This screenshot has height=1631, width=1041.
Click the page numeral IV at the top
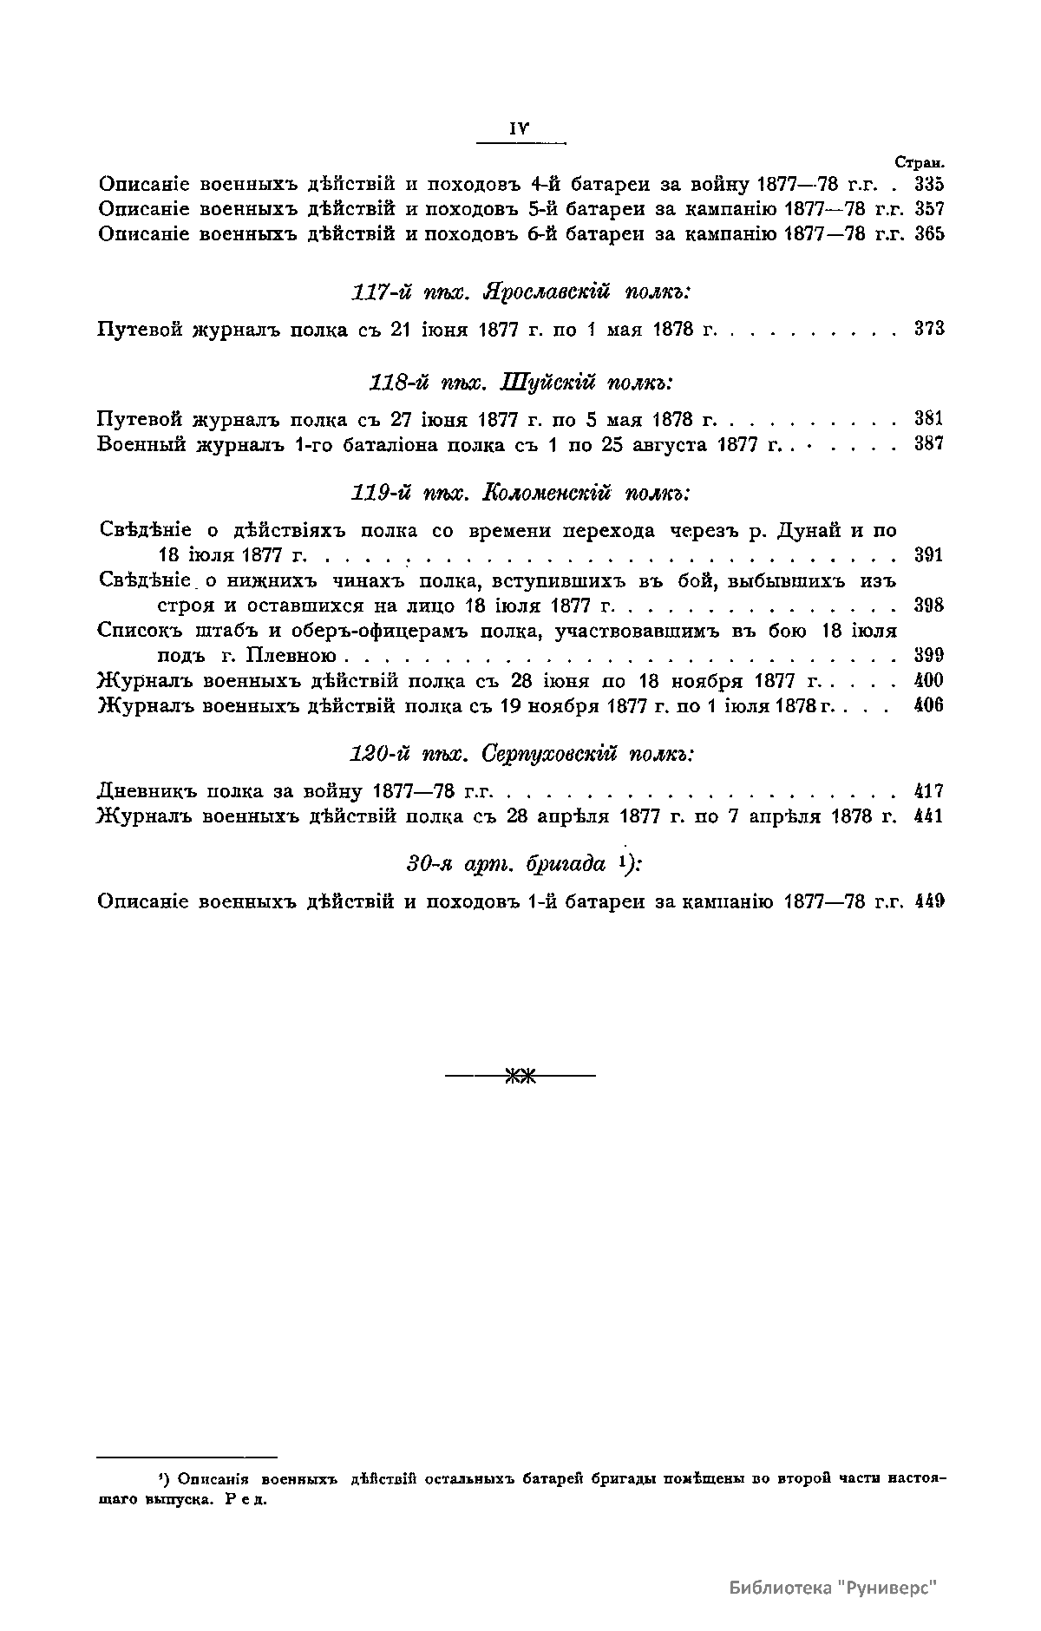coord(520,128)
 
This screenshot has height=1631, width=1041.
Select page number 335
coord(928,185)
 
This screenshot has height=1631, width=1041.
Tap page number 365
coord(928,234)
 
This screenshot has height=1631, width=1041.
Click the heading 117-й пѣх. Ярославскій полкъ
coord(520,291)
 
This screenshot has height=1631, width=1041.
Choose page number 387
coord(928,444)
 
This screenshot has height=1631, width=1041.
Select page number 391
coord(928,555)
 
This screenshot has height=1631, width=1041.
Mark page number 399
coord(928,655)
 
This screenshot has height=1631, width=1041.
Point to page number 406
coord(928,705)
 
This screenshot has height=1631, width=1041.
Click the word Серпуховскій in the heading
coord(547,754)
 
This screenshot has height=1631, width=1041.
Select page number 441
coord(928,816)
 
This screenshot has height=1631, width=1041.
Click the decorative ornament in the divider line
coord(520,1077)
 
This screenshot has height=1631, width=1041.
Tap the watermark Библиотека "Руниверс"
coord(834,1587)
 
